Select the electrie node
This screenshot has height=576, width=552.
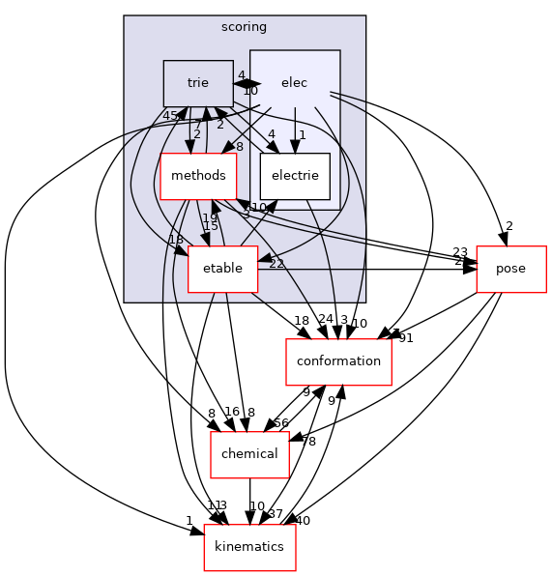point(295,176)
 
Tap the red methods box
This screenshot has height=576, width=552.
point(198,175)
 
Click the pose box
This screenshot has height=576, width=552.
point(511,268)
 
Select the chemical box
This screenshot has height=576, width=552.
point(250,453)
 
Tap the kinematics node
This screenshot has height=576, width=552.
point(249,546)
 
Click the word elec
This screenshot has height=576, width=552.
point(294,83)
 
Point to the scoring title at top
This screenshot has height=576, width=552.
point(245,27)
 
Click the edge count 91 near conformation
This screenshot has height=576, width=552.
point(406,338)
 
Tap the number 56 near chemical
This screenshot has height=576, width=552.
point(282,423)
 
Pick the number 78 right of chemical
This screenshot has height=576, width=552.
point(307,442)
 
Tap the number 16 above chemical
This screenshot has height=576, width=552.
point(230,412)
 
